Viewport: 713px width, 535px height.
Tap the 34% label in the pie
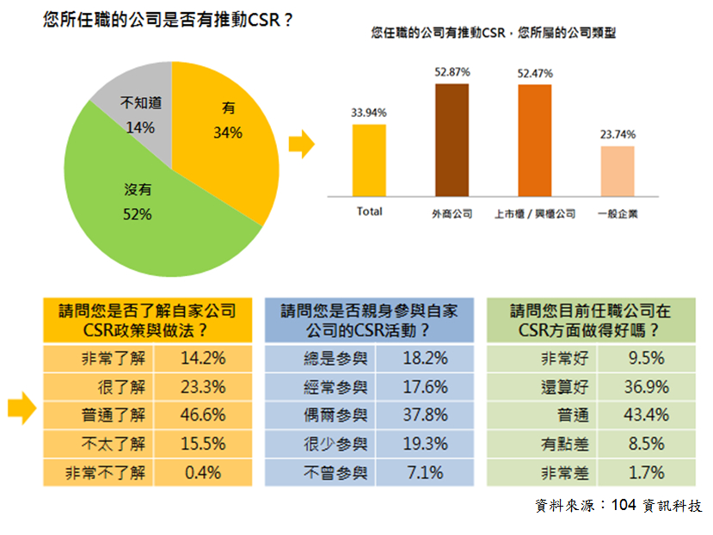(x=228, y=133)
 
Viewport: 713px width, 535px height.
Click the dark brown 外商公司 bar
(x=452, y=141)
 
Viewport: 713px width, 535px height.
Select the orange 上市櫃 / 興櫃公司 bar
(x=534, y=141)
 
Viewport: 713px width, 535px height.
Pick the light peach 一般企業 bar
(x=617, y=171)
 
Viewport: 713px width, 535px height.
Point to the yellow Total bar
(x=369, y=160)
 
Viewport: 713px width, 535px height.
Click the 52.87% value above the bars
(x=452, y=73)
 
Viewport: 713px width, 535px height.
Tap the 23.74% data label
(x=618, y=134)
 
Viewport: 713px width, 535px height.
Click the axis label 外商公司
(x=452, y=213)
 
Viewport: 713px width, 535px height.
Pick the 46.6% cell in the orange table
(x=204, y=415)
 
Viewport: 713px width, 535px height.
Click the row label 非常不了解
(x=106, y=472)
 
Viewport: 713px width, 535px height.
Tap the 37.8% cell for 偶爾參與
(x=426, y=415)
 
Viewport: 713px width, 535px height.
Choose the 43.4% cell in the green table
(x=648, y=415)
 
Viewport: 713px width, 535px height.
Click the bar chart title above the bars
(x=494, y=34)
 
